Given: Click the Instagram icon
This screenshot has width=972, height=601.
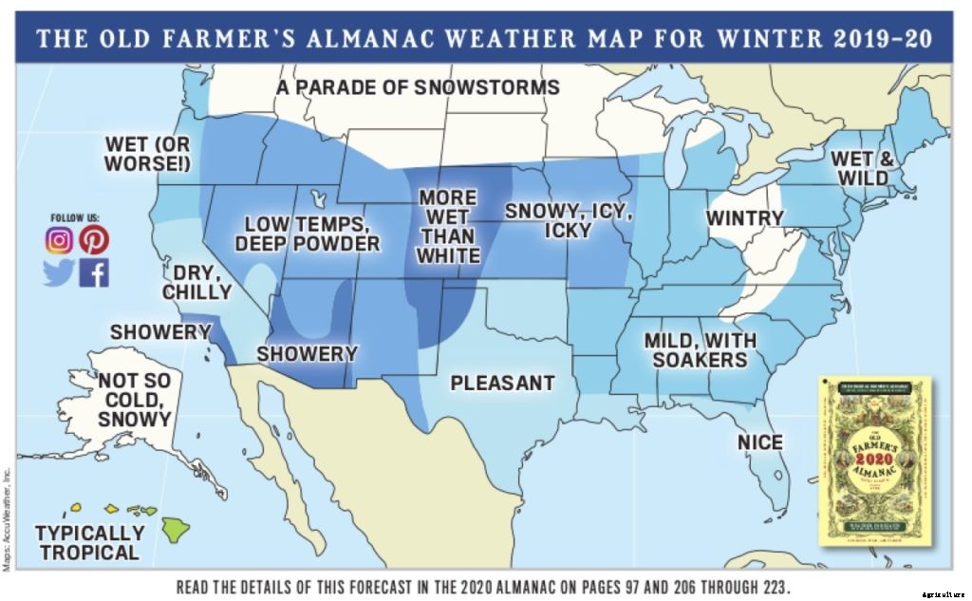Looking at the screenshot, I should pyautogui.click(x=59, y=241).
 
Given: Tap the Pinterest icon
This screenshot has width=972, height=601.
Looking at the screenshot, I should pyautogui.click(x=93, y=241).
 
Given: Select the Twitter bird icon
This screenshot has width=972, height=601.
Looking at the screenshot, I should pyautogui.click(x=59, y=273).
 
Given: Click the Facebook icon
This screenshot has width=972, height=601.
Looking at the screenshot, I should pyautogui.click(x=94, y=273).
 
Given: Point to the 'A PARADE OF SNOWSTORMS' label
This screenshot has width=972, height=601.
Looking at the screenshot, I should pyautogui.click(x=418, y=88).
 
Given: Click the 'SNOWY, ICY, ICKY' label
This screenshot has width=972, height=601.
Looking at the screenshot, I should pyautogui.click(x=569, y=220).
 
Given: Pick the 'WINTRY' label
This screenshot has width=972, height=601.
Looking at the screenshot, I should pyautogui.click(x=744, y=218).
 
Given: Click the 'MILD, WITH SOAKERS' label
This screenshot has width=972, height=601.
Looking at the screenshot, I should pyautogui.click(x=701, y=349).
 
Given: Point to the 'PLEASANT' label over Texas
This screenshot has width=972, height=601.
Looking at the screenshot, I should pyautogui.click(x=502, y=384).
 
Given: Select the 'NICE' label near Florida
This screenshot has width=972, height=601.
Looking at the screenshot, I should pyautogui.click(x=760, y=442).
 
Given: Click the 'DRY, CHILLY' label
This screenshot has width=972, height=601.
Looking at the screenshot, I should pyautogui.click(x=196, y=282).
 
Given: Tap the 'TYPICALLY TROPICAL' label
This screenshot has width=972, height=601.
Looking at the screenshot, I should pyautogui.click(x=89, y=542).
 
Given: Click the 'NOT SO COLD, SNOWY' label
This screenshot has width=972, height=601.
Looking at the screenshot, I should pyautogui.click(x=134, y=399).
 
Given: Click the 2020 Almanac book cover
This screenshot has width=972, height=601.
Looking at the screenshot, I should pyautogui.click(x=874, y=461).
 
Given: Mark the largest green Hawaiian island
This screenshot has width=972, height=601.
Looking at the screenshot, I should pyautogui.click(x=175, y=528).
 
